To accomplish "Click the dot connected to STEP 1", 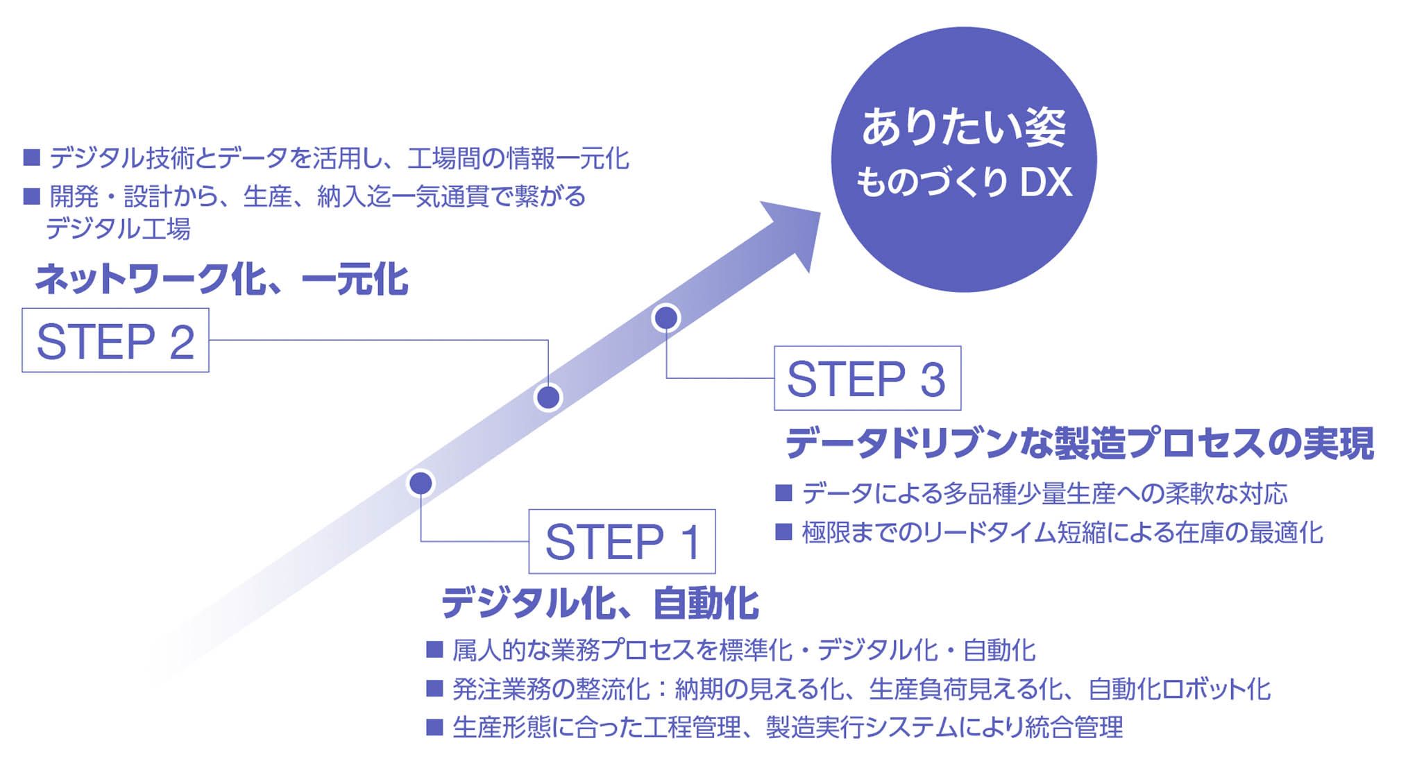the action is pos(421,483).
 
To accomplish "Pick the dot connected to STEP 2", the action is pos(548,398).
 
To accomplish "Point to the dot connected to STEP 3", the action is pos(666,318).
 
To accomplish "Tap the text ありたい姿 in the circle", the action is pos(963,128).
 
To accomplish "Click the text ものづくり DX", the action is pos(964,182).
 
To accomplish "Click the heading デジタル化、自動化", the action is pos(600,602).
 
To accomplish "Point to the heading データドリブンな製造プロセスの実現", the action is pos(1079,443).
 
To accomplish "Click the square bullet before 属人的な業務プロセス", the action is pos(434,649).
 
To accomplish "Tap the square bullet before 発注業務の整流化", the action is pos(434,688).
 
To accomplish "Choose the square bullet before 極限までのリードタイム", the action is pos(783,532).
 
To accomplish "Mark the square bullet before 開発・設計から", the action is pos(32,196).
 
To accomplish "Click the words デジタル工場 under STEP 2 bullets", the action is pos(118,228).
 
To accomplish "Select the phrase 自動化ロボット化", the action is pos(1180,689).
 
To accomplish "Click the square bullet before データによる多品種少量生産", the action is pos(783,493).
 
